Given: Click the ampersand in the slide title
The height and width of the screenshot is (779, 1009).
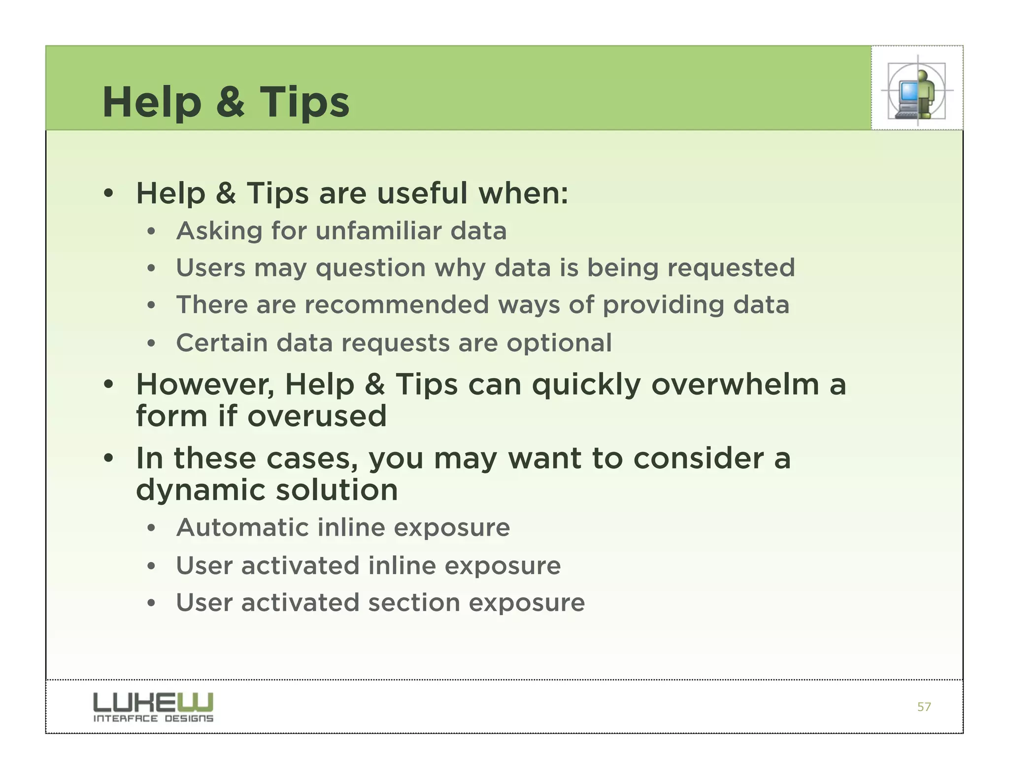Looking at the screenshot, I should click(231, 102).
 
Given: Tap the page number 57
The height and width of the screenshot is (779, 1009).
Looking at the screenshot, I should click(924, 707).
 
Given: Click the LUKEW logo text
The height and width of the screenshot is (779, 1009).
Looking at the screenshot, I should click(153, 702).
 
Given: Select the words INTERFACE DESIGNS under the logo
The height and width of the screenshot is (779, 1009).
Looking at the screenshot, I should click(153, 719).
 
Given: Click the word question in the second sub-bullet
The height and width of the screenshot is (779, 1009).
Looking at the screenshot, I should click(370, 268).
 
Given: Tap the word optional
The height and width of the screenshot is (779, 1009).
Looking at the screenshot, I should click(559, 343).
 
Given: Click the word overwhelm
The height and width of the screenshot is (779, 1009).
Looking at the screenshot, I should click(735, 385).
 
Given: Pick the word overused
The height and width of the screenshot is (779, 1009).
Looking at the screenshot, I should click(317, 416).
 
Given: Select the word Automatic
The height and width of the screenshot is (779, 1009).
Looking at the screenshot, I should click(242, 527).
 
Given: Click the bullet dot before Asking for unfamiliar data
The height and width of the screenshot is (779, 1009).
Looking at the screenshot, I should click(151, 231).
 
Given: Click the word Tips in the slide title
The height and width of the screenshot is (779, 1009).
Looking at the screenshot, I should click(304, 102).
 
